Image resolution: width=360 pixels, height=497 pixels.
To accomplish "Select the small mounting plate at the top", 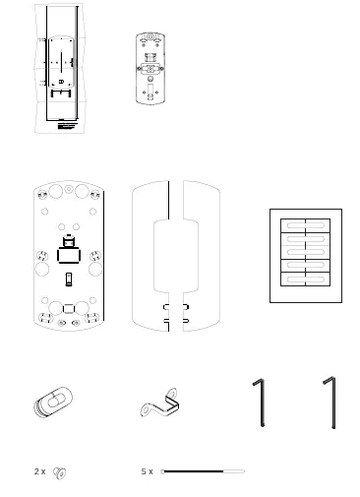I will coord(150,68).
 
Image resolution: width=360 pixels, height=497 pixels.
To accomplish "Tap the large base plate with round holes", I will coord(70,255).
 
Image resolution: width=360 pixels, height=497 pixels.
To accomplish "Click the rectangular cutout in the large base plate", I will coord(69,255).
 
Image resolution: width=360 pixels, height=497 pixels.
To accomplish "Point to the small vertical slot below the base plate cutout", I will coord(69,279).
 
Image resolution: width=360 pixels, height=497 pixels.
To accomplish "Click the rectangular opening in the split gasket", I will coord(176,255).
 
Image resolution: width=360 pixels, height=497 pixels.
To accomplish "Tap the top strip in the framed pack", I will coord(306,223).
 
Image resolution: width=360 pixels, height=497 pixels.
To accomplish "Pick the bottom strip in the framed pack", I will coord(306,280).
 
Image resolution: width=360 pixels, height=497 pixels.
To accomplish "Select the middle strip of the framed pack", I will coord(306,252).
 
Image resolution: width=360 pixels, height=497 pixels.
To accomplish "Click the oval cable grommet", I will coord(55,404).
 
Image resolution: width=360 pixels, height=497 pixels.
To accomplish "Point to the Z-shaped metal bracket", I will coord(163,404).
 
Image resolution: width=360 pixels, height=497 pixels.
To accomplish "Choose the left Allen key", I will coord(261,404).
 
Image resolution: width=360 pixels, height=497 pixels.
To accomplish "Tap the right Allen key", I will coord(332,404).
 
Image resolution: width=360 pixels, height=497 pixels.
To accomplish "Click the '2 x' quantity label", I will coord(39,472).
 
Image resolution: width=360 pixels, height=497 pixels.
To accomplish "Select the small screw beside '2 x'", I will coord(60,473).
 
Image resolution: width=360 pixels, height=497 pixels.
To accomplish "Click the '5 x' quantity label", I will coord(147,472).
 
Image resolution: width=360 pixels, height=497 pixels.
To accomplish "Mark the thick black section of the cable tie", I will coord(193,471).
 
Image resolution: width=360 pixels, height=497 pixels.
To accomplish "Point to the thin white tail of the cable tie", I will coord(233,471).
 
